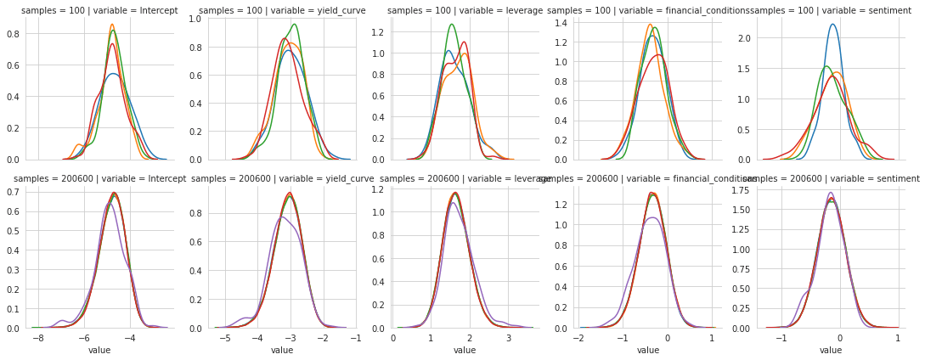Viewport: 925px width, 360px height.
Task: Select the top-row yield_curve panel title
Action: (282, 11)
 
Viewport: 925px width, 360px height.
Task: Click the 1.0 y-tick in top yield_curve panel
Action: (196, 18)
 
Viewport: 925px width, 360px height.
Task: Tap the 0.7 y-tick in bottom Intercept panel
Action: (13, 192)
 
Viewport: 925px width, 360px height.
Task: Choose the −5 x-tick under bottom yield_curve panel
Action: (225, 338)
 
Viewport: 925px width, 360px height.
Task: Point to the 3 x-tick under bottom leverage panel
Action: (509, 338)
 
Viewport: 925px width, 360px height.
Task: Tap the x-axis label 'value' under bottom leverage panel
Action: (465, 350)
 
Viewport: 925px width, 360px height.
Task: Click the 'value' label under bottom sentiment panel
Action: (831, 350)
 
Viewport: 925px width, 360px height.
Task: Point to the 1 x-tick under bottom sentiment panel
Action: (898, 338)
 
